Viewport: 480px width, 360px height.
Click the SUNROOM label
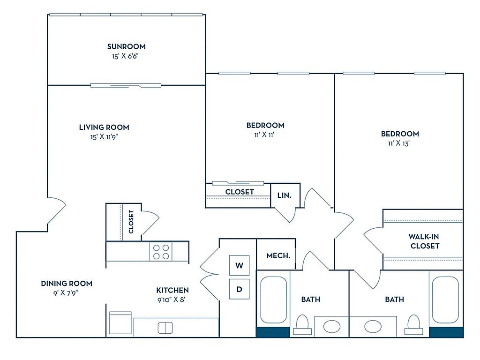point(126,46)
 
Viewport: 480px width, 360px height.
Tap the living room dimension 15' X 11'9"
point(104,137)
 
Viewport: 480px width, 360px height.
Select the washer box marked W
point(240,265)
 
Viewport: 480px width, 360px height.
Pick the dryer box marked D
point(240,289)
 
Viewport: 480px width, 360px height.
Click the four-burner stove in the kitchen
point(161,252)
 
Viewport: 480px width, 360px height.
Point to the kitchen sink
point(165,328)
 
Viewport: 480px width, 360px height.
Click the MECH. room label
point(278,255)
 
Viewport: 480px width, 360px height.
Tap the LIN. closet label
point(284,195)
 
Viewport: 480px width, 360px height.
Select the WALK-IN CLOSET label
point(425,241)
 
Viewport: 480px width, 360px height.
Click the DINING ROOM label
point(67,284)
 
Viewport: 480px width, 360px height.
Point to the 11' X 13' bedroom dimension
point(399,143)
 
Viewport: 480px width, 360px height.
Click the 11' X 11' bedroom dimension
point(264,135)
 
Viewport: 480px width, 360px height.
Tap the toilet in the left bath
point(302,325)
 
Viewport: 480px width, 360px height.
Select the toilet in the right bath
point(414,325)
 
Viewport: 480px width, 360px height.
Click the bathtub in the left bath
point(273,300)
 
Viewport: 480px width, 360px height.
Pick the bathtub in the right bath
point(445,300)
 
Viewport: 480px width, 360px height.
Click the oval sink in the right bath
point(373,327)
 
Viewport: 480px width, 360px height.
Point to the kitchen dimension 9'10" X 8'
point(172,300)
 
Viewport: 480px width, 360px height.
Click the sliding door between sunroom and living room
point(126,85)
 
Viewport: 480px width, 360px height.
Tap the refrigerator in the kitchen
point(120,323)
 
